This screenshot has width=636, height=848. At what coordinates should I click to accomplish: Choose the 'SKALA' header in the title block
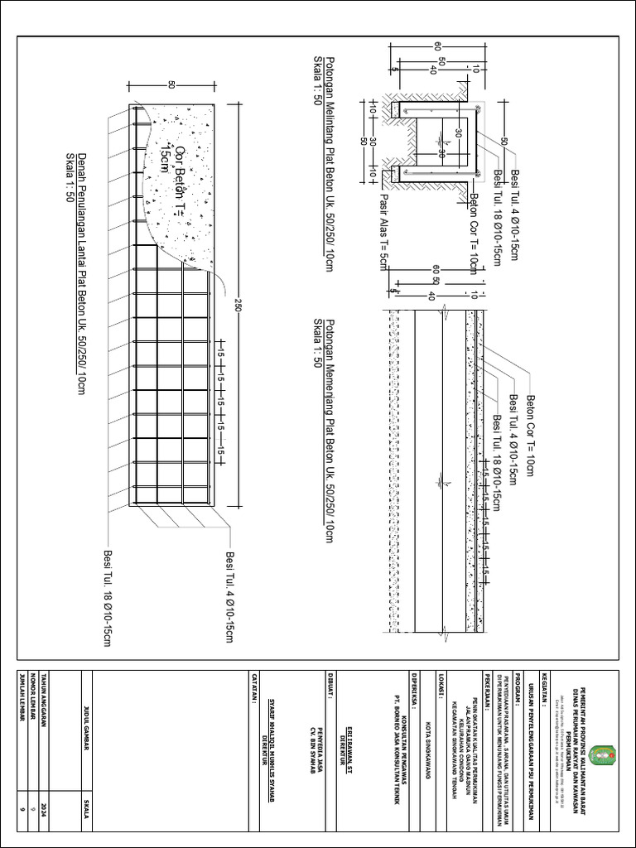(87, 812)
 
